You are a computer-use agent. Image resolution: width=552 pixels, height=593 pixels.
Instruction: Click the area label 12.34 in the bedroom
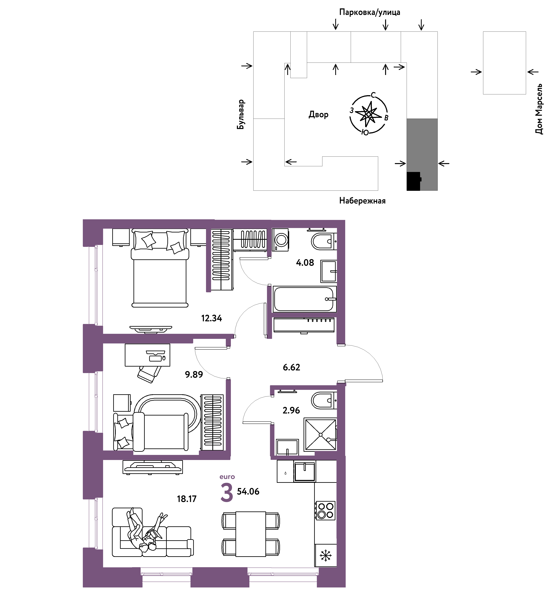tap(211, 318)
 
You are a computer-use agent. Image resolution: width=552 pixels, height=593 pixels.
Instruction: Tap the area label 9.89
tap(194, 374)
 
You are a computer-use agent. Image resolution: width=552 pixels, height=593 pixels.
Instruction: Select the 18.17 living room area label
tap(187, 499)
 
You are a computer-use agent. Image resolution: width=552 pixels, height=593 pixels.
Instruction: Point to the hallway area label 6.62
tap(291, 367)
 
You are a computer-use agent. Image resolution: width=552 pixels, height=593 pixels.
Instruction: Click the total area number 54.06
tap(248, 491)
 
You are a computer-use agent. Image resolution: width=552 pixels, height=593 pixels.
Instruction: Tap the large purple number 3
tap(227, 493)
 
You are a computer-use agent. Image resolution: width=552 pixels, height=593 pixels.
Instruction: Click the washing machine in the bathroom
tap(280, 240)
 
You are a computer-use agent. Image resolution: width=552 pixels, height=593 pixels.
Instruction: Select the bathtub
tap(305, 299)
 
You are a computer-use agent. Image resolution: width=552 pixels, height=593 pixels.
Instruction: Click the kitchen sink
tap(305, 471)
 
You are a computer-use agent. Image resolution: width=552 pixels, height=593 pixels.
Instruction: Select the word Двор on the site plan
tap(318, 114)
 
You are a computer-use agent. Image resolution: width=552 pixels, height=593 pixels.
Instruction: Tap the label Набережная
tap(362, 201)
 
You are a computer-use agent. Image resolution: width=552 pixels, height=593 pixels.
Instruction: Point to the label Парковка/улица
tap(370, 12)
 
